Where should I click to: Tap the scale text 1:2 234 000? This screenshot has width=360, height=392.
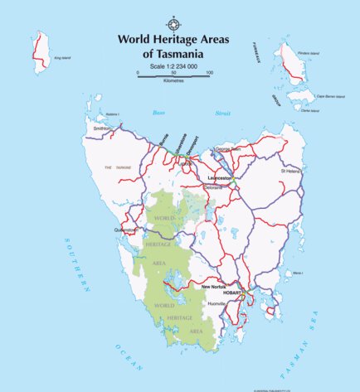click(x=173, y=66)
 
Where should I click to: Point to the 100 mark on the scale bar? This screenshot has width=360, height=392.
click(x=209, y=73)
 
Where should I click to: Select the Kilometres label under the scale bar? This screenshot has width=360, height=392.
click(x=173, y=82)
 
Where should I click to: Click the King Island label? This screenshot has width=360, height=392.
click(x=62, y=59)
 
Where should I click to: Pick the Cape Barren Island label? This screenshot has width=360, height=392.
click(x=328, y=96)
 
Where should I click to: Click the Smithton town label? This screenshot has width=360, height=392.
click(x=102, y=129)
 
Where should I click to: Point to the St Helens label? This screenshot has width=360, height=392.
click(x=291, y=171)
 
